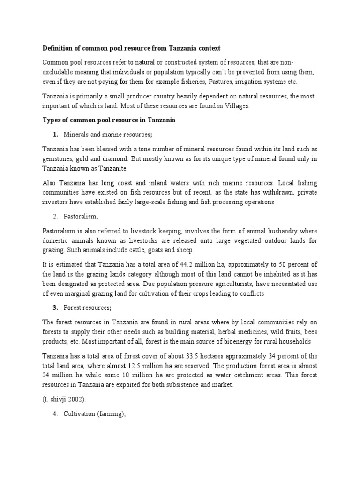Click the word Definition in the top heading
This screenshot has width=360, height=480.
(57, 48)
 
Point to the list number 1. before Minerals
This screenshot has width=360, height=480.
(55, 135)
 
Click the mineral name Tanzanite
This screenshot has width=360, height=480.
(112, 168)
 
